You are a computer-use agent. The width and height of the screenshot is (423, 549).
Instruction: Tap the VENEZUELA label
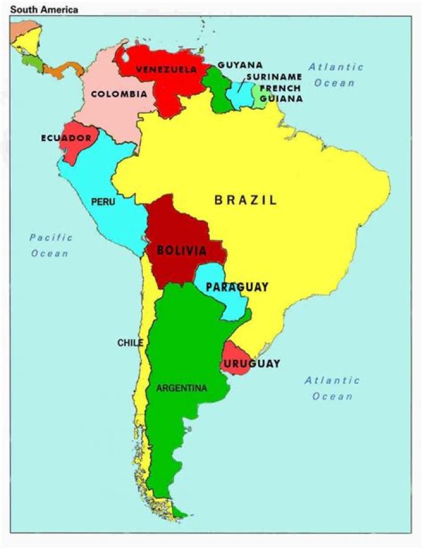coord(166,69)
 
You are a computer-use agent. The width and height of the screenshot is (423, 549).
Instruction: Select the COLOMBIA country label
coord(119,94)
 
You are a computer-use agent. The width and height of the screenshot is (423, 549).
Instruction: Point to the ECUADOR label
coord(66,139)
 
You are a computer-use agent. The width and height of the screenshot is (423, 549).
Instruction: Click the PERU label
coord(103,202)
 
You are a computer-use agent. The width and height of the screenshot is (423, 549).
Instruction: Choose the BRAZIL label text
coord(246,200)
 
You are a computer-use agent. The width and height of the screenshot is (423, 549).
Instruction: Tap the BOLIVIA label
coord(182,252)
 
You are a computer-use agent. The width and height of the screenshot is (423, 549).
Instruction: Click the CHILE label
coord(130,343)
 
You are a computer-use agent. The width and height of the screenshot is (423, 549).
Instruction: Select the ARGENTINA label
coord(182,389)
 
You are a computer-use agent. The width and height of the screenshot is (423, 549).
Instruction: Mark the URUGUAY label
coord(251,364)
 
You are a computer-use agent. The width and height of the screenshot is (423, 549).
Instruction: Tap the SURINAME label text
coord(274,77)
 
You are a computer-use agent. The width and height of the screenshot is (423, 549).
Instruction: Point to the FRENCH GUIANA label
coord(281,93)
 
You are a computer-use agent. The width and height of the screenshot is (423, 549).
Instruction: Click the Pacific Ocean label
coord(51,246)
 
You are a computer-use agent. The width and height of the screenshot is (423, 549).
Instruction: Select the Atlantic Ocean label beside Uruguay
coord(332,389)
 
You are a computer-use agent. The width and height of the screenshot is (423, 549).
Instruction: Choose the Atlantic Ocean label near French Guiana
coord(335,75)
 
